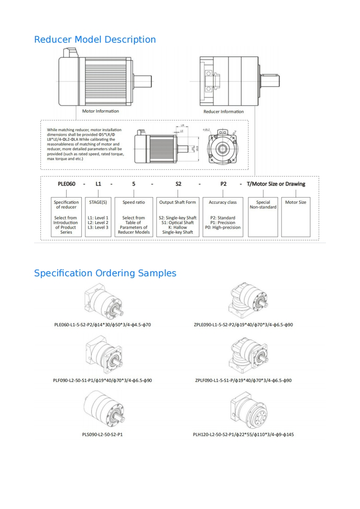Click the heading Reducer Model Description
(95, 39)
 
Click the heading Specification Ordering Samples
(105, 273)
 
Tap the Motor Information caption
(100, 111)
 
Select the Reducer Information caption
(223, 111)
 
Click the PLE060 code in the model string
(66, 184)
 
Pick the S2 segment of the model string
(178, 184)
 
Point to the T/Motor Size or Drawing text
(276, 184)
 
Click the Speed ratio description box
(134, 217)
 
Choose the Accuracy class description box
(222, 217)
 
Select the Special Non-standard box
(263, 217)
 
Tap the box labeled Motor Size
(296, 217)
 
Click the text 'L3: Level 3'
(98, 228)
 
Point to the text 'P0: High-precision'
(222, 228)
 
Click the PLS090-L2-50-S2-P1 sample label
(102, 435)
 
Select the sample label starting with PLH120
(243, 435)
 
